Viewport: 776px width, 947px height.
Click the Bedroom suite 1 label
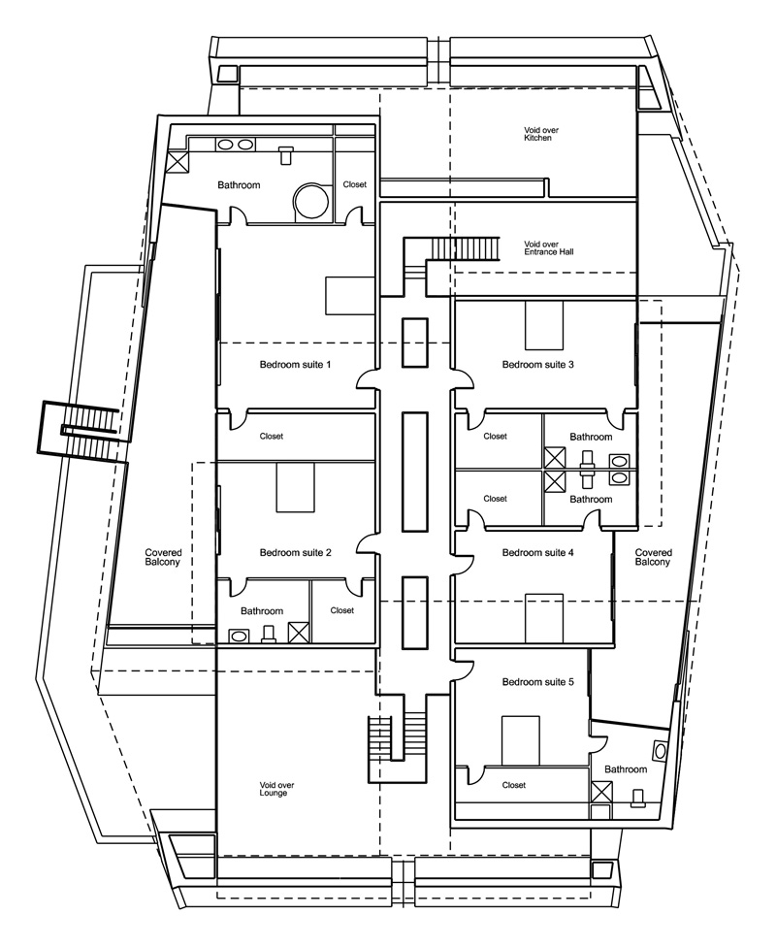[296, 365]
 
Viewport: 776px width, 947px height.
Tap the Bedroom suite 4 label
[538, 553]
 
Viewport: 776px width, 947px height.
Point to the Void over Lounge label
[275, 789]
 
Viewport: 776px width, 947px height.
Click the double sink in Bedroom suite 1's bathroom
[236, 145]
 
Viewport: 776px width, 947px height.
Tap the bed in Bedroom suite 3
[544, 324]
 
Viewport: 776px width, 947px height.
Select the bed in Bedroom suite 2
[296, 487]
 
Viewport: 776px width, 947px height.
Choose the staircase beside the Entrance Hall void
[464, 249]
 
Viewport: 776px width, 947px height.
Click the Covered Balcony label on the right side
[652, 557]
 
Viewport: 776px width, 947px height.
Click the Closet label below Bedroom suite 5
[514, 785]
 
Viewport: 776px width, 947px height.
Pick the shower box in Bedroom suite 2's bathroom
[299, 634]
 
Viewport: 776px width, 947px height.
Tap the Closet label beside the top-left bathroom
[354, 184]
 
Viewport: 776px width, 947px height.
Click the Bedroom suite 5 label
[538, 683]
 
